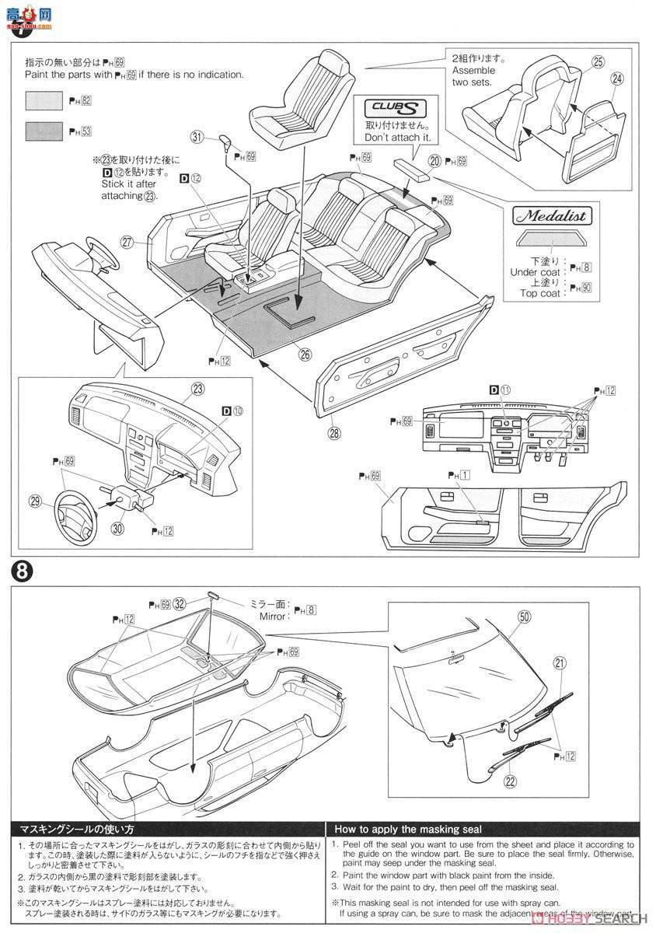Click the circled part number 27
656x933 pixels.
[129, 241]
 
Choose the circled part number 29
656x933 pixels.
[35, 501]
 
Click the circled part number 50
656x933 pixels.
[524, 616]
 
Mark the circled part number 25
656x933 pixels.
[598, 62]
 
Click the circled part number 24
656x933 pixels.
[617, 79]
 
